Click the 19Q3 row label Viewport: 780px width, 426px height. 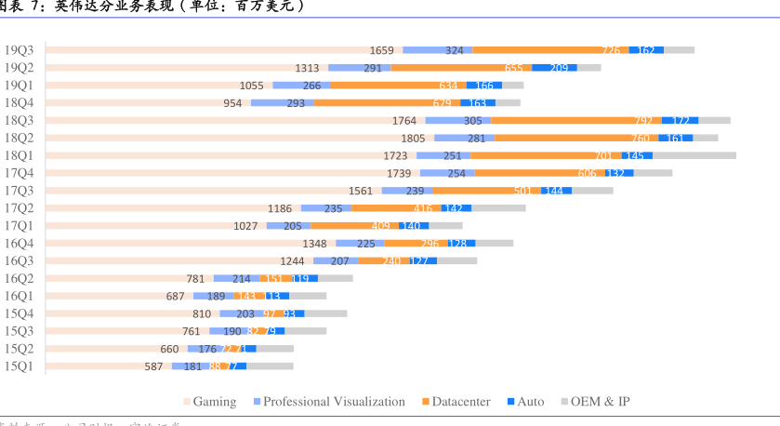[x=19, y=50]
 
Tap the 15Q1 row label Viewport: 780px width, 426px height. [x=19, y=366]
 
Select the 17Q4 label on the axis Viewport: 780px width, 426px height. [x=19, y=173]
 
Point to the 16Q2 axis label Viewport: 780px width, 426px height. [x=19, y=278]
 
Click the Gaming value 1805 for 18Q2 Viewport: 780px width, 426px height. [x=413, y=139]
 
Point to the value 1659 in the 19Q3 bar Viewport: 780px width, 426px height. [x=381, y=50]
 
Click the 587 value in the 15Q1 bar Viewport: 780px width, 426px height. [x=153, y=366]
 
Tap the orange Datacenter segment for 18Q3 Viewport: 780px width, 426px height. [x=576, y=120]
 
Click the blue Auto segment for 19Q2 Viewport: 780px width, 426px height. [x=554, y=68]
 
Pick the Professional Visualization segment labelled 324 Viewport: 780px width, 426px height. [x=454, y=50]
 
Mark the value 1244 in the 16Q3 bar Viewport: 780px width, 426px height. [x=292, y=261]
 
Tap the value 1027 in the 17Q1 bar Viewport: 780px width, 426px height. [x=245, y=226]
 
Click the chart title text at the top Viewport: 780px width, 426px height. [x=153, y=7]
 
